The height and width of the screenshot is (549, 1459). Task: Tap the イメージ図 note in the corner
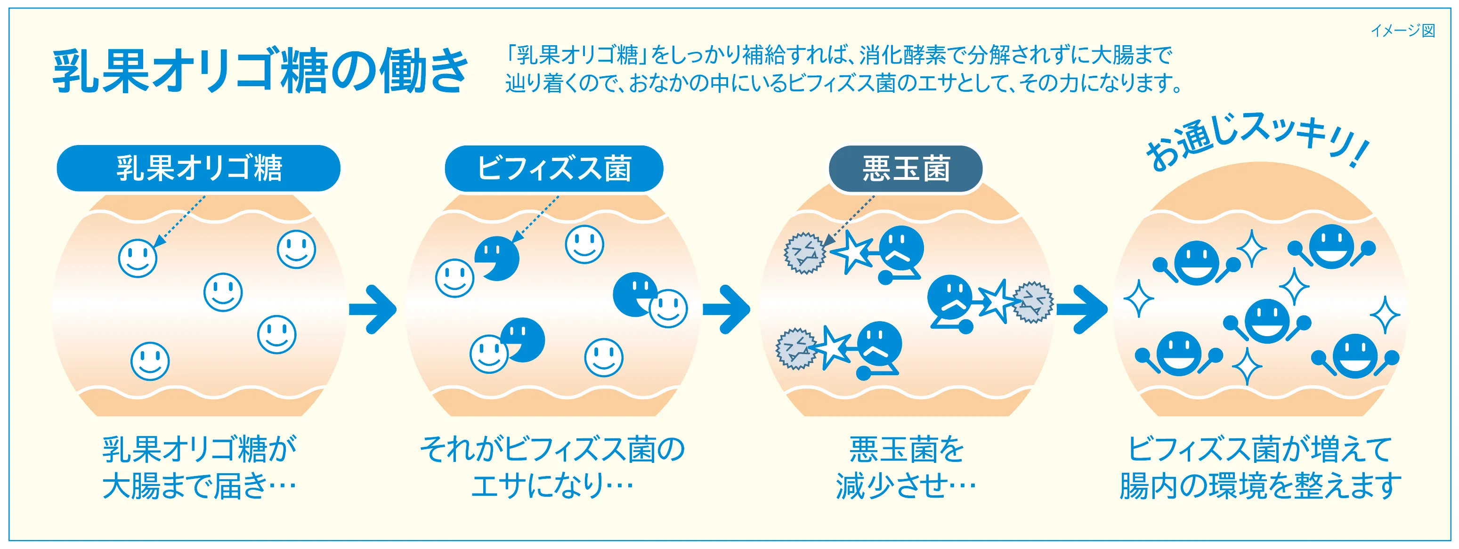[x=1402, y=31]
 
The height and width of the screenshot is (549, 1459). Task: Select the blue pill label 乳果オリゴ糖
[x=199, y=168]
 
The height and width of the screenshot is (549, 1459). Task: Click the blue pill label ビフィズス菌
[x=554, y=168]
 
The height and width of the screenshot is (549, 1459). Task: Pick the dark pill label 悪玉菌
[x=906, y=168]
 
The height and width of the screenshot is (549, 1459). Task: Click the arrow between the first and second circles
[x=373, y=309]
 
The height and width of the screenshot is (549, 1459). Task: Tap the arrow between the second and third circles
[x=726, y=309]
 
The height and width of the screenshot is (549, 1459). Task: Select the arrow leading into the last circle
[x=1081, y=309]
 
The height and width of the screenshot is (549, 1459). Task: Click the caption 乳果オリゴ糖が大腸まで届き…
[x=199, y=467]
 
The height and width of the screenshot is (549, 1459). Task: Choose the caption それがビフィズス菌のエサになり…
[x=552, y=467]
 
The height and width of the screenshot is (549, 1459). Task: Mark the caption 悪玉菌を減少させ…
[x=906, y=467]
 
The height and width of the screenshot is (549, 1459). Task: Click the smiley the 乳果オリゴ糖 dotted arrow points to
[x=138, y=258]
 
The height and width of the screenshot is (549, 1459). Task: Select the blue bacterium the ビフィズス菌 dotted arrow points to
[x=497, y=258]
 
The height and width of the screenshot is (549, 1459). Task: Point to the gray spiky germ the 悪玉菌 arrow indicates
[x=805, y=253]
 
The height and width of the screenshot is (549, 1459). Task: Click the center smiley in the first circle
[x=223, y=292]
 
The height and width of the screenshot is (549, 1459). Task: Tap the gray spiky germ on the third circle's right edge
[x=1032, y=302]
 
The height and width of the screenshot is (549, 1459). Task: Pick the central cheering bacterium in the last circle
[x=1266, y=321]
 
